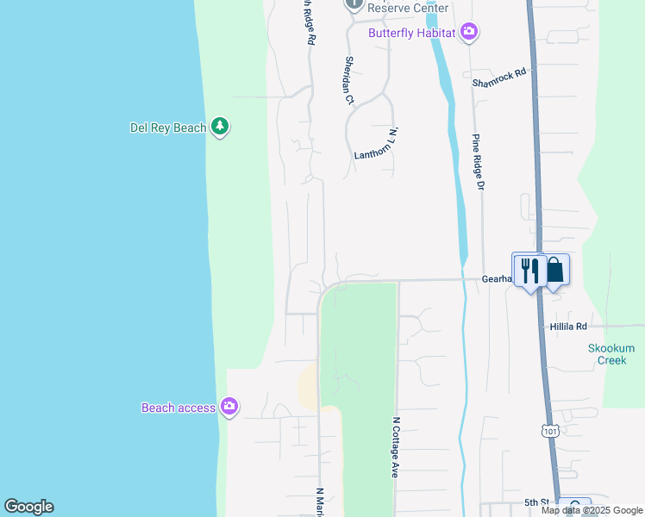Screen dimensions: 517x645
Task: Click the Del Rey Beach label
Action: [168, 128]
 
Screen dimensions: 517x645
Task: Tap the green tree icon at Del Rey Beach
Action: [220, 128]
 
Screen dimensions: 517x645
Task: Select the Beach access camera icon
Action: [229, 407]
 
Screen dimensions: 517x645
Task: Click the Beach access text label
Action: [178, 408]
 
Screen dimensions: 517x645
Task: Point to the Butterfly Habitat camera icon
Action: [469, 33]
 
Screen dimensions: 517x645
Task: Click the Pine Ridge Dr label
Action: [478, 169]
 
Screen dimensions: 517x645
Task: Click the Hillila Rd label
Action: [568, 327]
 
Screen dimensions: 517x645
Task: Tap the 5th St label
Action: [536, 502]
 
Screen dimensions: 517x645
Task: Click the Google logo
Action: [28, 507]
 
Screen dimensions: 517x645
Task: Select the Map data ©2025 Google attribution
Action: [591, 510]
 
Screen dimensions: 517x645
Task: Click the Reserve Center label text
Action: [408, 8]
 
